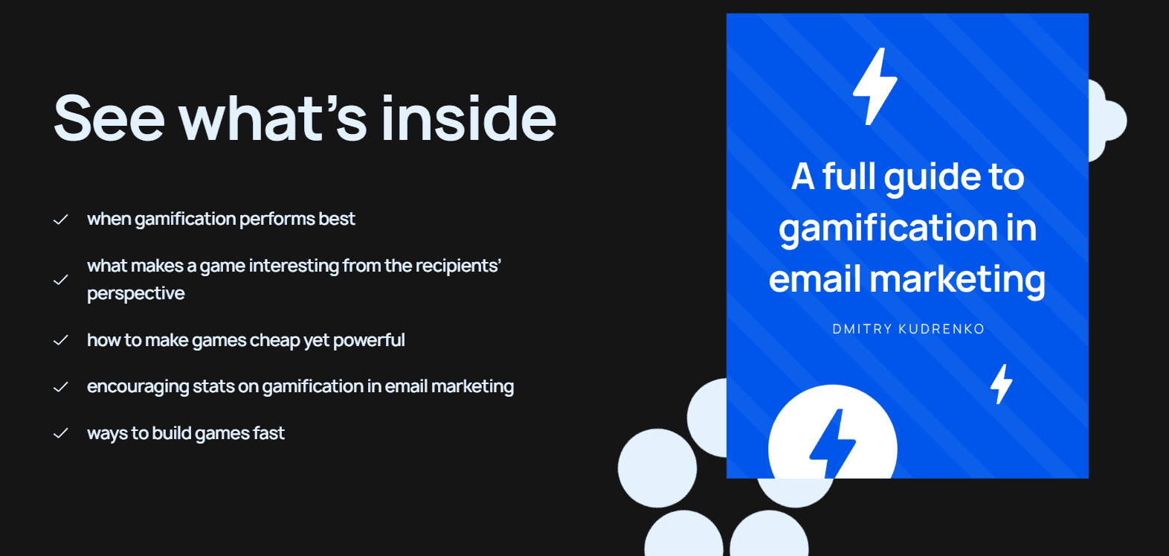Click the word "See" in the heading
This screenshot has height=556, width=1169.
(109, 119)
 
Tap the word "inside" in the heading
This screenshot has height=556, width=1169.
(468, 119)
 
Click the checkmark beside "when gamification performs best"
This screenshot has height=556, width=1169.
(61, 220)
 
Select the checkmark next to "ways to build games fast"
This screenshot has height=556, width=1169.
(61, 433)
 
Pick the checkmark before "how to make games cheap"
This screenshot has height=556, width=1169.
(61, 340)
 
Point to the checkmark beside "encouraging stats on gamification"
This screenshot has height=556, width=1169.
(61, 387)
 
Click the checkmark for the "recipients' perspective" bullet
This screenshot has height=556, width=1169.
(61, 280)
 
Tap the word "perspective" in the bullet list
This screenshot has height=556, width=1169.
(136, 294)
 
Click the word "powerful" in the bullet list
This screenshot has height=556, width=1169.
(369, 341)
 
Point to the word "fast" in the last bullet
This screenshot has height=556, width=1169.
(268, 433)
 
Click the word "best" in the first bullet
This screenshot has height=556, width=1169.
(337, 219)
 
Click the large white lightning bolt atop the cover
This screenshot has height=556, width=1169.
(875, 86)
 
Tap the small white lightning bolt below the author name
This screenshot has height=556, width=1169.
(1001, 384)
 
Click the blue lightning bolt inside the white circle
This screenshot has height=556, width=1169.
(832, 444)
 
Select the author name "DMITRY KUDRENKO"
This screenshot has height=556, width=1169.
(908, 329)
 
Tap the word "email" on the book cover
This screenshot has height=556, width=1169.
(814, 280)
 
